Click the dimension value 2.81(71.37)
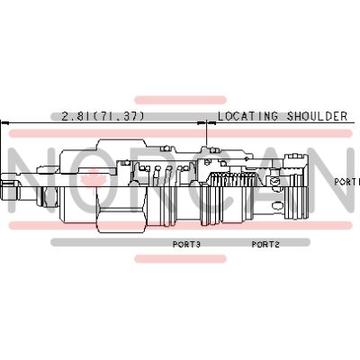[x=103, y=116]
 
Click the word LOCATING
[x=247, y=116]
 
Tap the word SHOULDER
[x=317, y=116]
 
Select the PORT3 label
[x=186, y=244]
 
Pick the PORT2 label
[x=265, y=244]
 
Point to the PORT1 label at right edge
[x=347, y=182]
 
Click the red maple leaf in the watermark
[x=94, y=177]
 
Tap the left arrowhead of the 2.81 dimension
[x=4, y=122]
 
